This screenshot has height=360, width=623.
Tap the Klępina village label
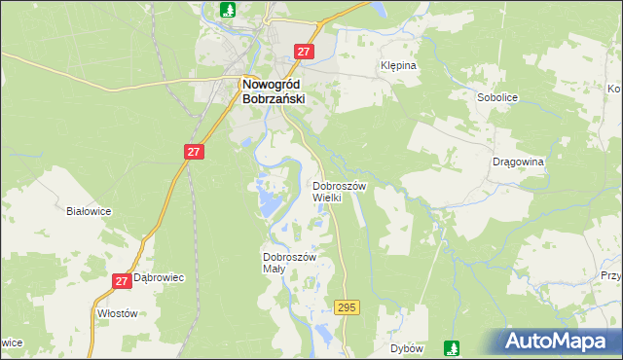coord(397,66)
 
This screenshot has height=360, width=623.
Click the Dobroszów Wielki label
coord(340,191)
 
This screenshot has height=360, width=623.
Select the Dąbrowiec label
coord(160,277)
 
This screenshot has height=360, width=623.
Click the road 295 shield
coord(347,307)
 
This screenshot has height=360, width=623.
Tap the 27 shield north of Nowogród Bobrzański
coord(305,53)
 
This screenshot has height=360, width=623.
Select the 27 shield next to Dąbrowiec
coord(122,281)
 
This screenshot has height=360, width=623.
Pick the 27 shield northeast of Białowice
coord(194,152)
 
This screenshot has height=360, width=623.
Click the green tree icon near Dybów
coord(452,346)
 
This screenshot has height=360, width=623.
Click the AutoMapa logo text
coord(568,342)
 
